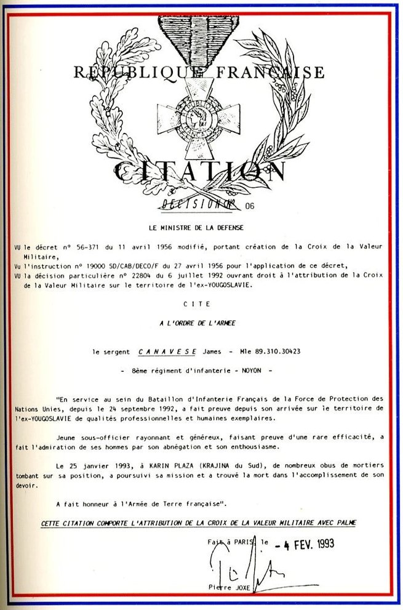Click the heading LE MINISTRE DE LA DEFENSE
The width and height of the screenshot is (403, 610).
click(201, 227)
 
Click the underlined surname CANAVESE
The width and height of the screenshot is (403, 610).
click(167, 351)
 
